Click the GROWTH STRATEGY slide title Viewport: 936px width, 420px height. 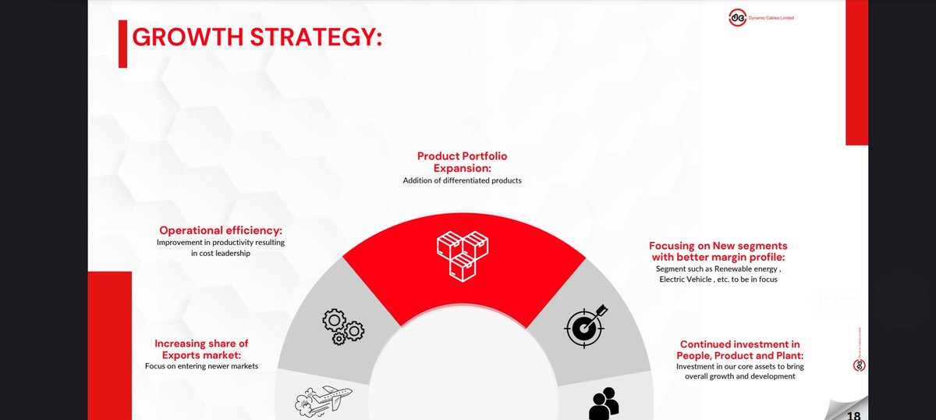(x=257, y=37)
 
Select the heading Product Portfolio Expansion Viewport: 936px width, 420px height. (x=462, y=162)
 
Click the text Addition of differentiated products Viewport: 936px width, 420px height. (x=462, y=180)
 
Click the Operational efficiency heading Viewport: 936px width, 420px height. (x=221, y=230)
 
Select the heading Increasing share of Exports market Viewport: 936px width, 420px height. (x=201, y=349)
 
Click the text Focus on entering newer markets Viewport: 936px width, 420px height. (x=201, y=365)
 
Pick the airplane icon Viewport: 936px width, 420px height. (x=323, y=398)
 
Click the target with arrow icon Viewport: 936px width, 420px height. (x=583, y=326)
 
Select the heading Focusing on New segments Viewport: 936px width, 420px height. (x=718, y=251)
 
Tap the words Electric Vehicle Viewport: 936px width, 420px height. (x=687, y=279)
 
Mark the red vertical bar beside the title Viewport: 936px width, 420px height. (x=122, y=44)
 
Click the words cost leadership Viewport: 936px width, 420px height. (x=221, y=253)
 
